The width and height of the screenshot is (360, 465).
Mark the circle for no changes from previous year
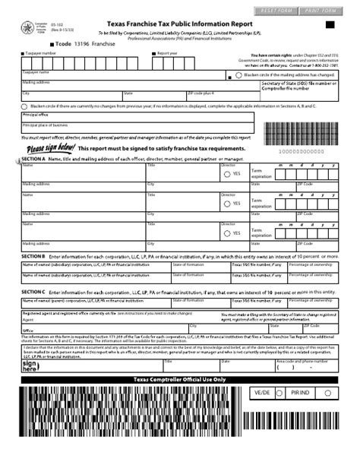tap(25, 106)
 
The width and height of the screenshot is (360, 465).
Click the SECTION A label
tap(33, 159)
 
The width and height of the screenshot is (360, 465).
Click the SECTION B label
tap(33, 257)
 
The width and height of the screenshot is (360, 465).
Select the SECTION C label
tap(33, 291)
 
